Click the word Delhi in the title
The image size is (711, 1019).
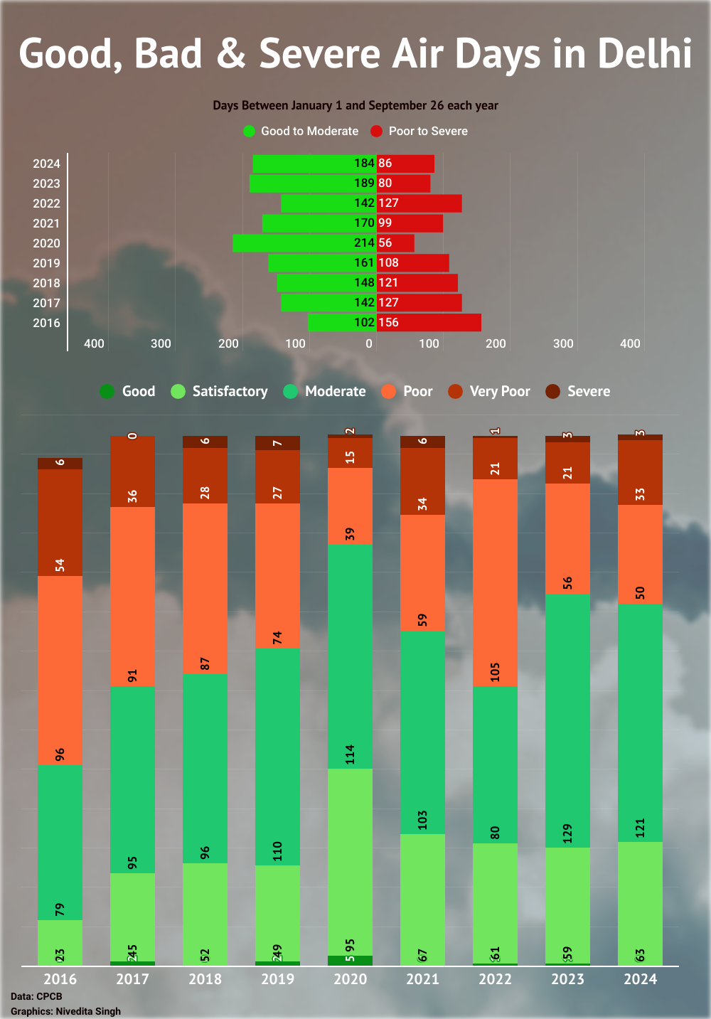pyautogui.click(x=644, y=53)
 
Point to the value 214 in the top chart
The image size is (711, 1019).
pyautogui.click(x=364, y=242)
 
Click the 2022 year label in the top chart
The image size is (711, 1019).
pyautogui.click(x=46, y=203)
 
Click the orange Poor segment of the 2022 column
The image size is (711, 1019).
pyautogui.click(x=495, y=583)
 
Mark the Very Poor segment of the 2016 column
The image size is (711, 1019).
pyautogui.click(x=60, y=523)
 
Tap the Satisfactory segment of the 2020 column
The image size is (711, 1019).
pyautogui.click(x=350, y=862)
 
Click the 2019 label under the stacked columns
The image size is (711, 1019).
pyautogui.click(x=277, y=979)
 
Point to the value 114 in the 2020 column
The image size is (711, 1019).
pyautogui.click(x=350, y=754)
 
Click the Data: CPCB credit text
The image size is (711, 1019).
pyautogui.click(x=36, y=996)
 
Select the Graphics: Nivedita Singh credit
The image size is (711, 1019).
pyautogui.click(x=65, y=1011)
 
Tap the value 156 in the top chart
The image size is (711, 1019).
pyautogui.click(x=388, y=322)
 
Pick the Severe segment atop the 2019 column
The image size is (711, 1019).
pyautogui.click(x=277, y=443)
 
